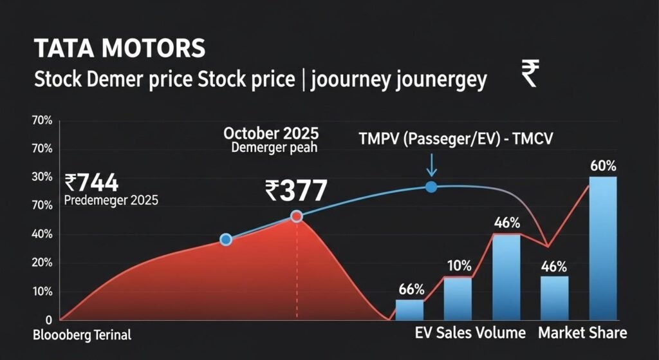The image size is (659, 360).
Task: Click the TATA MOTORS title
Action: (x=120, y=48)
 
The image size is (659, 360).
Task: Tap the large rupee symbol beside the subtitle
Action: (x=530, y=73)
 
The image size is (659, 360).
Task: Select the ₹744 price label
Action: (x=91, y=183)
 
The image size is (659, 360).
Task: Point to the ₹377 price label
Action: (x=296, y=191)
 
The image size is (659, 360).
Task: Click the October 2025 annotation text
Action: (x=271, y=134)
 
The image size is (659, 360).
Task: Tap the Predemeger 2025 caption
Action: (x=111, y=200)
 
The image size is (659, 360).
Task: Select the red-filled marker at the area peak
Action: (x=297, y=216)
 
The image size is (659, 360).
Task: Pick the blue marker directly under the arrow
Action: (x=431, y=187)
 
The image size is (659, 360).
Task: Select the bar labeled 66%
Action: (x=410, y=310)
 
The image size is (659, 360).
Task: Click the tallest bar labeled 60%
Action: (x=603, y=248)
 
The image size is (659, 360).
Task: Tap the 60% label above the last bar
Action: (x=603, y=166)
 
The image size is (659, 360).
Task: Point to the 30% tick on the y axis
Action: (x=42, y=177)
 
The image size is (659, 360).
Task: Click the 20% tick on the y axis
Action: (x=42, y=263)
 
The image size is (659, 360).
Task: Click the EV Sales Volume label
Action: (x=470, y=333)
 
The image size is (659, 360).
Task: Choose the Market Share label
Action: (x=582, y=333)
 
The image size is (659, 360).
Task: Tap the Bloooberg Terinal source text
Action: (x=82, y=335)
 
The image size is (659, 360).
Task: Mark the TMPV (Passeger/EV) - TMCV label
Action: (x=456, y=139)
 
